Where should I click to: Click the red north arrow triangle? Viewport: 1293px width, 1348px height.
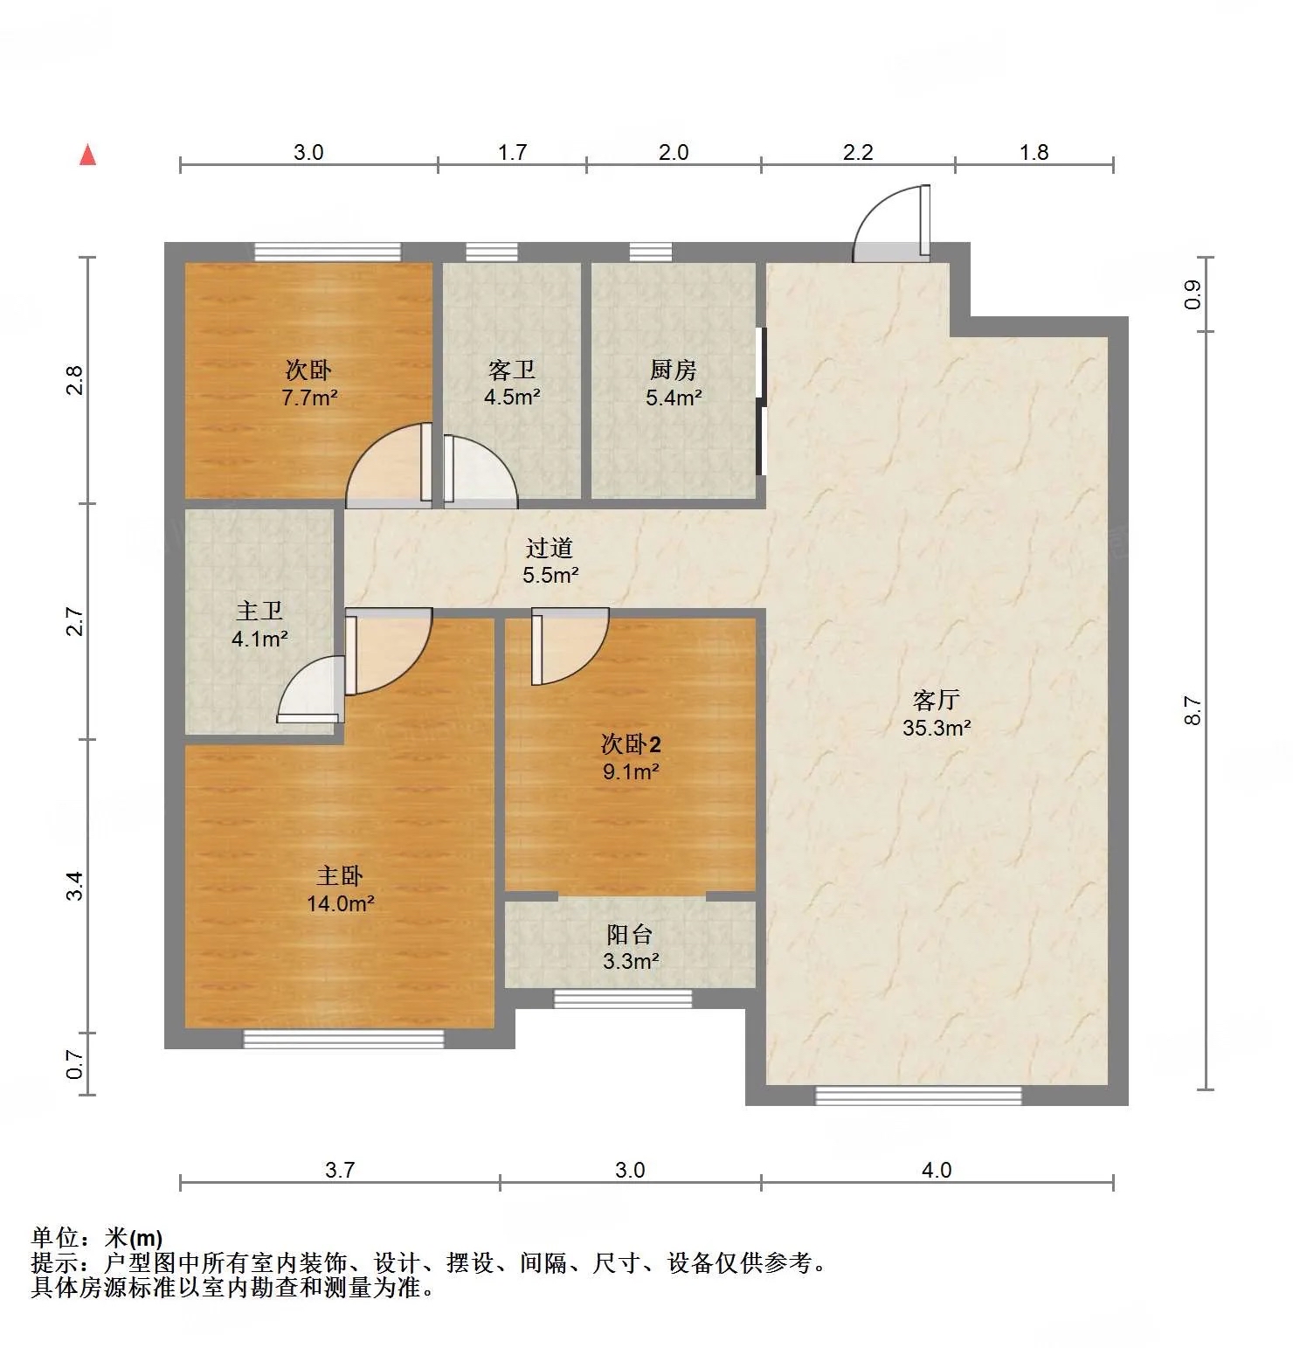click(87, 155)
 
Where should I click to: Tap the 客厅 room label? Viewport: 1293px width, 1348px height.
click(936, 700)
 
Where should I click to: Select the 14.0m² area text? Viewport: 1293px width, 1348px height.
click(341, 903)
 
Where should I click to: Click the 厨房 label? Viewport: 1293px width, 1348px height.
click(673, 370)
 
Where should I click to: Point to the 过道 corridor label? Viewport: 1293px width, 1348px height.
click(550, 548)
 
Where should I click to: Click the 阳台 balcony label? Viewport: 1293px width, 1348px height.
click(630, 934)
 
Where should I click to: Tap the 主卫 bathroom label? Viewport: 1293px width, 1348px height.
click(259, 612)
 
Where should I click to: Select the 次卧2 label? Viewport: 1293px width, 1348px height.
click(631, 744)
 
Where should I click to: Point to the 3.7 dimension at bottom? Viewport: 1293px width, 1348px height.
click(340, 1170)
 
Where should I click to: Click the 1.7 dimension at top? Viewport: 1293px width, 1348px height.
click(513, 152)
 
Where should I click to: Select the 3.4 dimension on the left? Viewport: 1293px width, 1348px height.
click(76, 886)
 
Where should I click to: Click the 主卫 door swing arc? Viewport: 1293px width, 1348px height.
click(310, 690)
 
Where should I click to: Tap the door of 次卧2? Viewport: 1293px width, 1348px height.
click(570, 646)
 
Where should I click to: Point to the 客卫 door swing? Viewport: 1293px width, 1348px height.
click(481, 471)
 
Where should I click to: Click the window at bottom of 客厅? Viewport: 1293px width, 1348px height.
click(918, 1096)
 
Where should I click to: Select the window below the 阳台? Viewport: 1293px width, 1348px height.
click(623, 999)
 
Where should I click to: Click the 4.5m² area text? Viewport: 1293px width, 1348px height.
click(512, 397)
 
